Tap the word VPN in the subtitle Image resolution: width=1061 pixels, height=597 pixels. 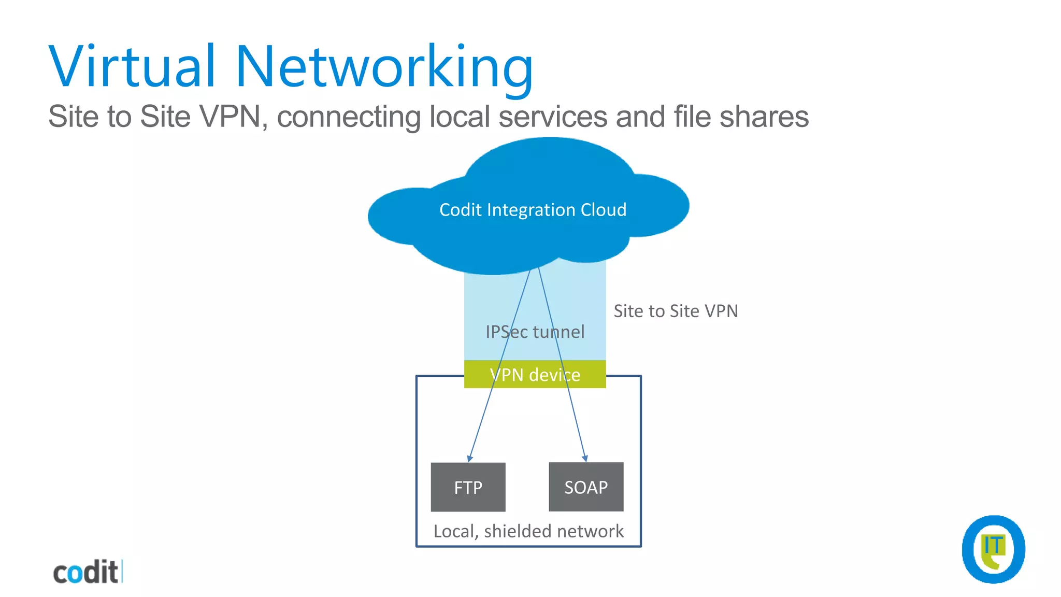230,116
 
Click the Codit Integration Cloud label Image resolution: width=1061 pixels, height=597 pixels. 533,210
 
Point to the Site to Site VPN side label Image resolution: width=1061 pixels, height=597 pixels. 676,311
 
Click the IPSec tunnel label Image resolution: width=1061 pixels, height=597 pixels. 535,332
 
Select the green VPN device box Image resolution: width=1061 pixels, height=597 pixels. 535,374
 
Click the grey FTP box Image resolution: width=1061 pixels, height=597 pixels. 468,487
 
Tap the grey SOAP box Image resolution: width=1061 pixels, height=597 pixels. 586,487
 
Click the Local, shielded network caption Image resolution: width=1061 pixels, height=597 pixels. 528,531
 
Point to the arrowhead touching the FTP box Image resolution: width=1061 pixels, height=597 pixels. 469,459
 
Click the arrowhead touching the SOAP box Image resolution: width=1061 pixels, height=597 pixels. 585,458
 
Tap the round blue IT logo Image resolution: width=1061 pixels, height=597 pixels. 993,549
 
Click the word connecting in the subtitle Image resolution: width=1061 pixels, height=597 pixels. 348,116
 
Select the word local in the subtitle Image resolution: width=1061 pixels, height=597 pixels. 460,116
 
